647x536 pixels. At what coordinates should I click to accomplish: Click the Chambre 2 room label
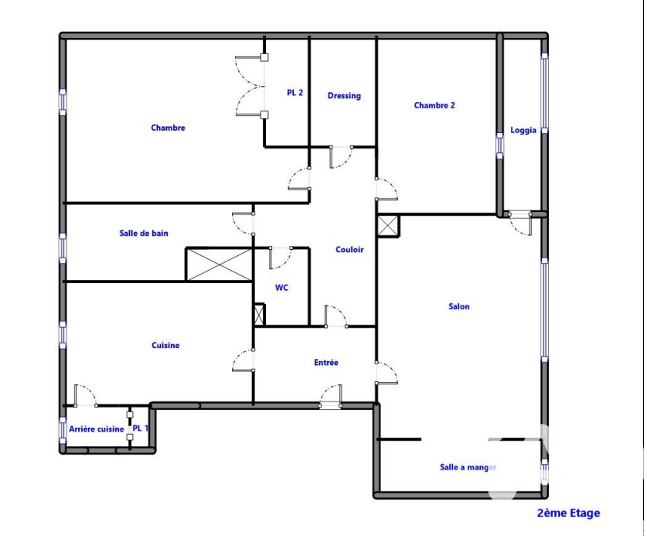point(434,105)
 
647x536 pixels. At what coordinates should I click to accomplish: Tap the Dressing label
point(344,96)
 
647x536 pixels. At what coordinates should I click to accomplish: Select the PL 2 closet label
point(295,93)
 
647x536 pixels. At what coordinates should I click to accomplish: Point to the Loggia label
point(523,130)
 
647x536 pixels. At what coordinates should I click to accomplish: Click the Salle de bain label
point(144,233)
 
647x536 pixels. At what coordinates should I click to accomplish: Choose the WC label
point(281,288)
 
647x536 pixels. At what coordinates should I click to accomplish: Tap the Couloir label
point(349,249)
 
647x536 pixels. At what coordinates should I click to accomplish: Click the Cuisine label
point(165,345)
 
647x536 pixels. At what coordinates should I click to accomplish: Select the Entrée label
point(326,362)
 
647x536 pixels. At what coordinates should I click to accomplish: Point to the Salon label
point(459,306)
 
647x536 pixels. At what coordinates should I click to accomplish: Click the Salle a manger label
point(468,467)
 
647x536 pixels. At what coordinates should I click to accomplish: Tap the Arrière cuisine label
point(96,429)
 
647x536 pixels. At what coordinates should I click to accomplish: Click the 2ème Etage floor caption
point(568,513)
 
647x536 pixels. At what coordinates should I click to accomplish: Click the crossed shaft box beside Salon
point(388,226)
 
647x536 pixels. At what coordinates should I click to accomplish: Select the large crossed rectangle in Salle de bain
point(219,265)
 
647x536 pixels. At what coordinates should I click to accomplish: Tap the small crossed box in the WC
point(259,315)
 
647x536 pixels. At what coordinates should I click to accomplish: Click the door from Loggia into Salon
point(520,224)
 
